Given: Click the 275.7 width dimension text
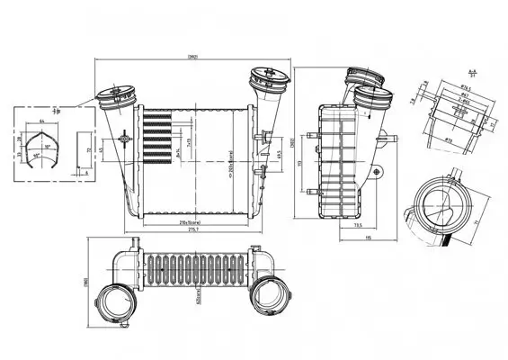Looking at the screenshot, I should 193,230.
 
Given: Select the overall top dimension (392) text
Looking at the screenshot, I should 192,58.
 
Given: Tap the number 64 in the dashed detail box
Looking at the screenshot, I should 42,120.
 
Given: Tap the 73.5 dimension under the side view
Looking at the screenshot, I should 357,226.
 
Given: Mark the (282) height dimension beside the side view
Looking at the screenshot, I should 293,143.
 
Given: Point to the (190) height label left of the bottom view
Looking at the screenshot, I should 84,282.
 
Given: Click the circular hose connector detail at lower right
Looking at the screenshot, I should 441,202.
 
